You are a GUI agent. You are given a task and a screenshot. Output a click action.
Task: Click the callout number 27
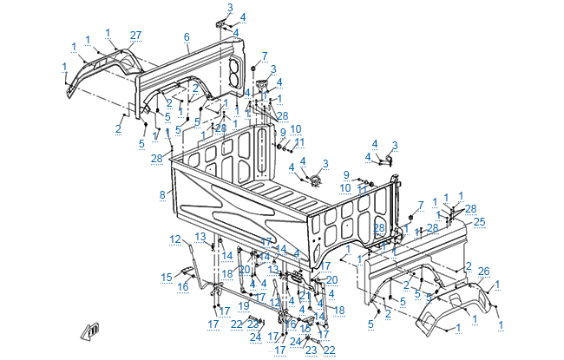click(135, 35)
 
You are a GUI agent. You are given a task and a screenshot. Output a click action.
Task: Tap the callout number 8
click(161, 195)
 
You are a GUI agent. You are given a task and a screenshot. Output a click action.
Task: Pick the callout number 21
click(305, 296)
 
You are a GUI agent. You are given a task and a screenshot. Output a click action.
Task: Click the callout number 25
click(479, 222)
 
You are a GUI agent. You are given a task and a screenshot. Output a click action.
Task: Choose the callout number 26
click(484, 272)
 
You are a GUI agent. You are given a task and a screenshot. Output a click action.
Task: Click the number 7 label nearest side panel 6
click(265, 56)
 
